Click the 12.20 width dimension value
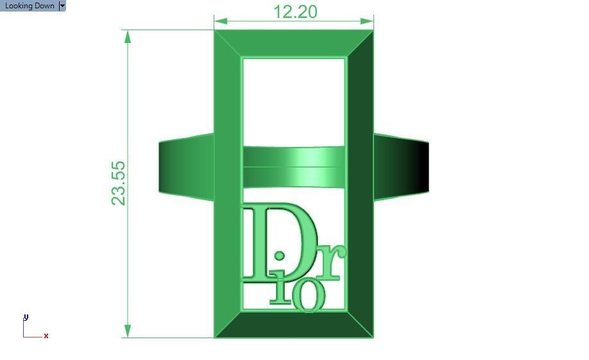click(x=295, y=12)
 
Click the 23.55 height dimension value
click(x=119, y=183)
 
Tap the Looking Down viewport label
click(x=30, y=6)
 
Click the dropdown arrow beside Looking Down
click(x=62, y=6)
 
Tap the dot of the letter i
click(x=279, y=255)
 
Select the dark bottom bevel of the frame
click(x=294, y=325)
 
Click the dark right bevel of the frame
click(x=360, y=183)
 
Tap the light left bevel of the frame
click(x=227, y=183)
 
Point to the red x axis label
click(x=46, y=336)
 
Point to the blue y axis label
click(x=26, y=317)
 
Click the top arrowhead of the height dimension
click(x=128, y=36)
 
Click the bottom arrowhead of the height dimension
click(x=128, y=331)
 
